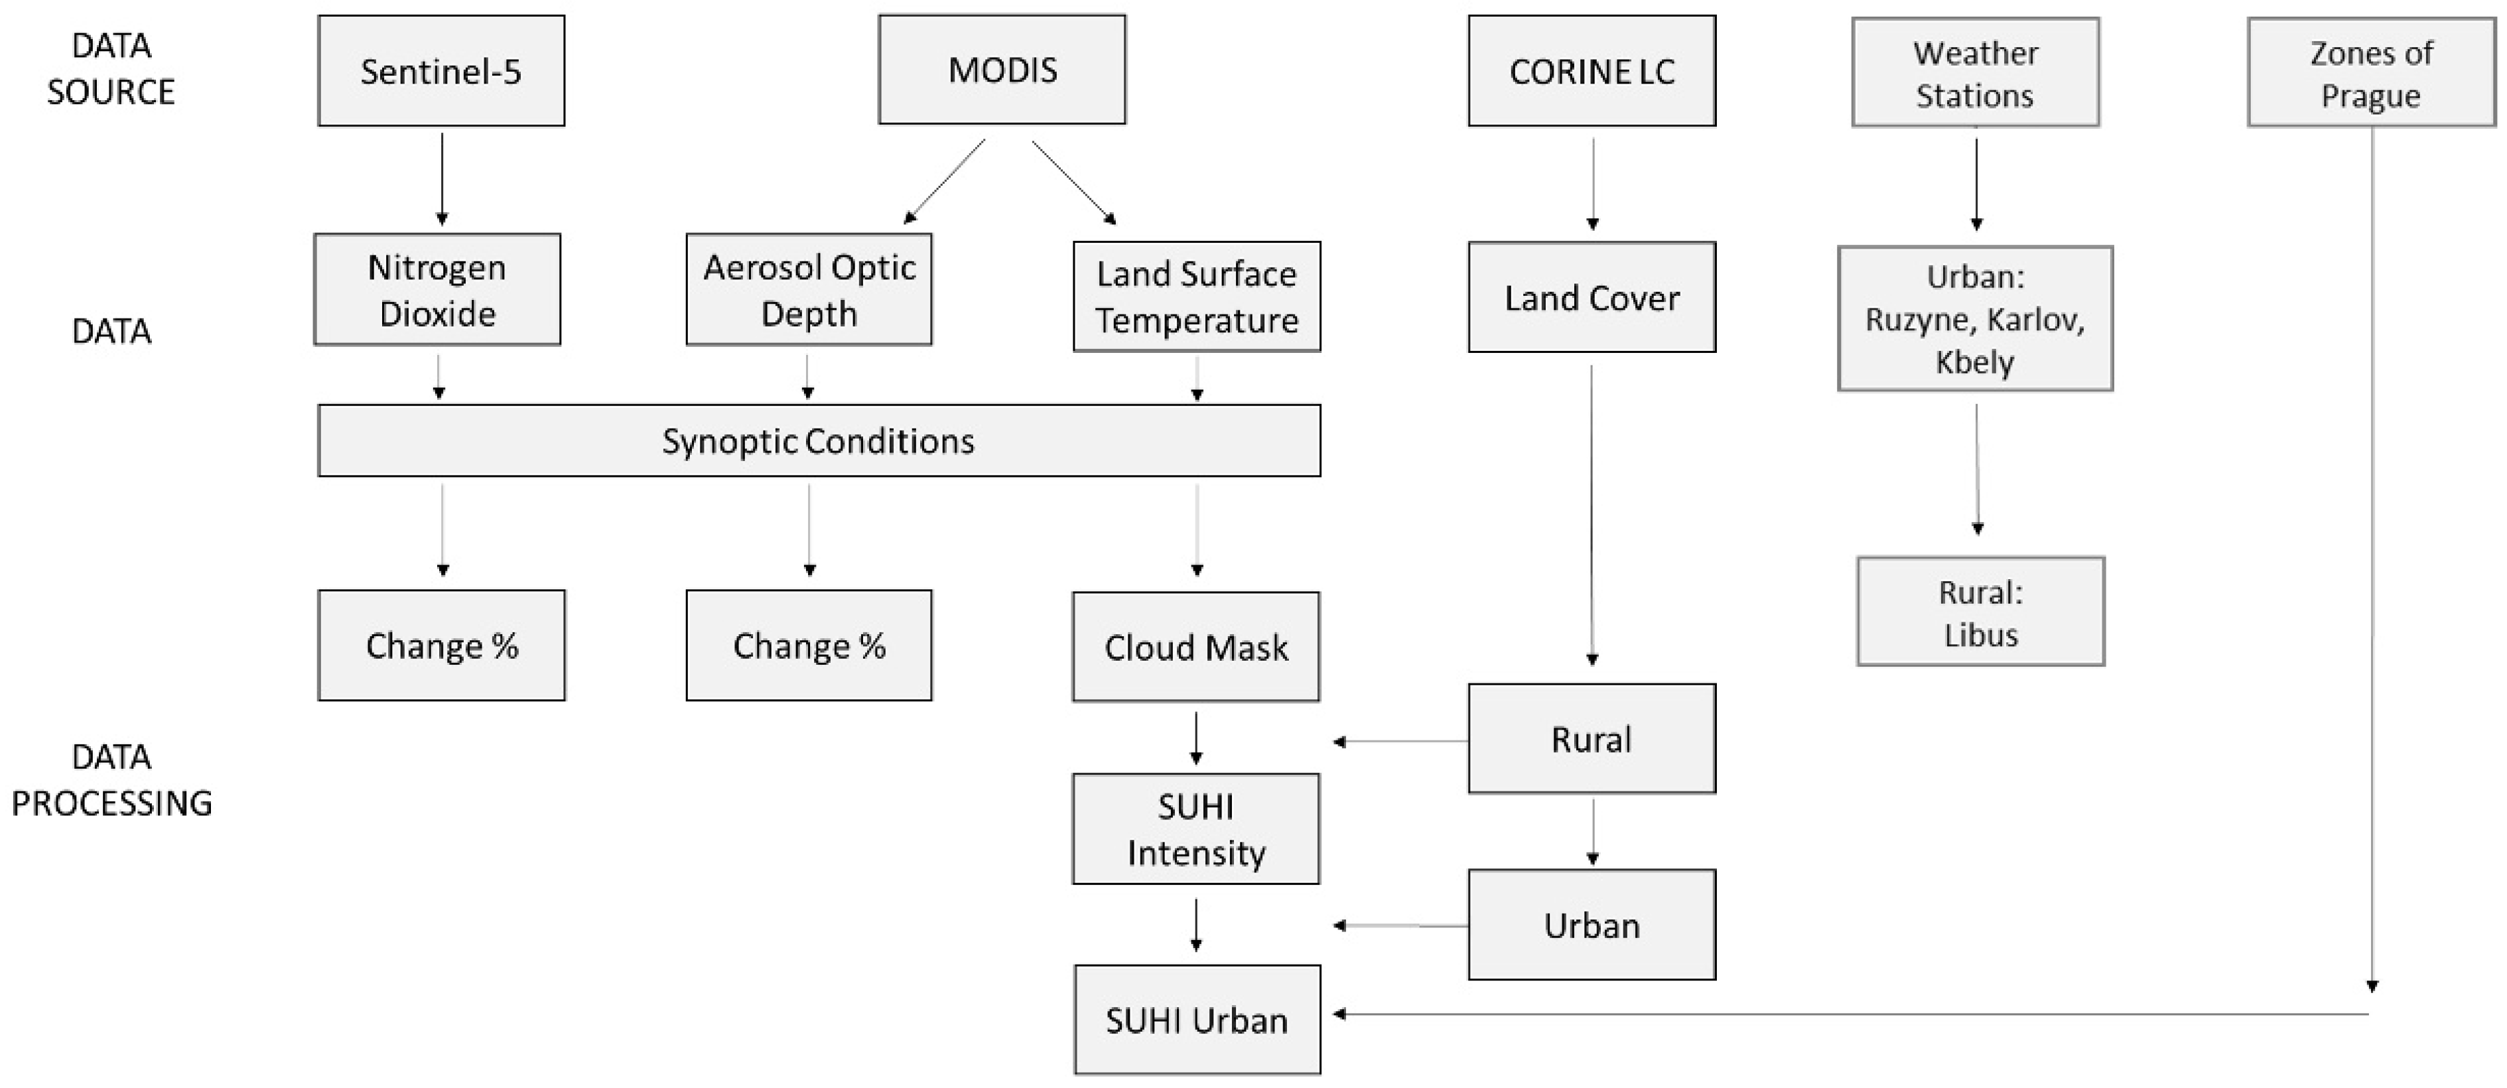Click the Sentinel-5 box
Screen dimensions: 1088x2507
click(441, 71)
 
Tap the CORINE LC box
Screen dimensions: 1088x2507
click(1592, 71)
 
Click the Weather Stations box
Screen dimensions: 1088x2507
click(1975, 73)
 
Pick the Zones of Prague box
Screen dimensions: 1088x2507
click(2371, 73)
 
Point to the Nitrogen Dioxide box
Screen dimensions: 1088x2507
click(437, 290)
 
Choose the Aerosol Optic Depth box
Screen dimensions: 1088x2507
click(809, 290)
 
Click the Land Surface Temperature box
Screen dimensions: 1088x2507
click(1196, 297)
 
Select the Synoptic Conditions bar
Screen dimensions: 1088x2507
click(819, 441)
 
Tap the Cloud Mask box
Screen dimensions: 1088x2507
click(1196, 647)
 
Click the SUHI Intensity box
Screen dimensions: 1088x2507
click(1196, 829)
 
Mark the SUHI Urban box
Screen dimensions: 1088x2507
click(1197, 1020)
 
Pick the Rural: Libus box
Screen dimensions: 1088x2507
click(1980, 612)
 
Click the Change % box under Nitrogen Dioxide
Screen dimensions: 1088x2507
click(441, 646)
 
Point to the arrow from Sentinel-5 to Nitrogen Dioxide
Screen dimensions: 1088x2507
click(442, 179)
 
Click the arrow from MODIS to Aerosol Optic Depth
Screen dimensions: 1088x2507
click(945, 181)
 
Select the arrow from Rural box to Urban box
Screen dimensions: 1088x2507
click(1592, 832)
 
